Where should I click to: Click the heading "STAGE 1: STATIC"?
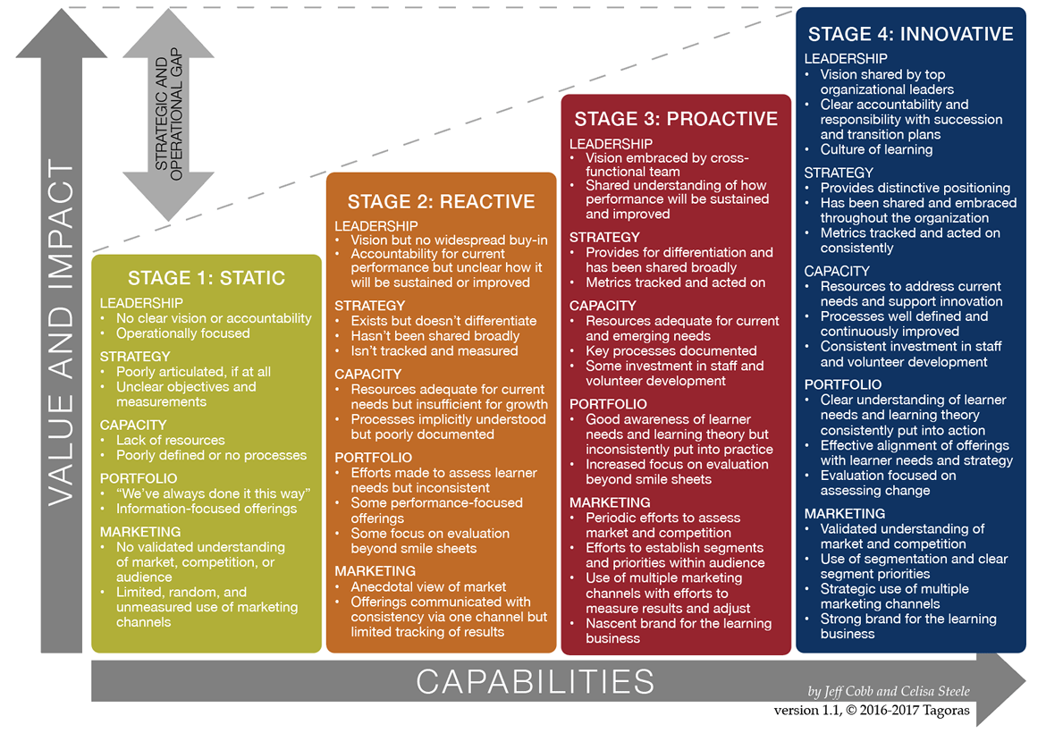pyautogui.click(x=207, y=277)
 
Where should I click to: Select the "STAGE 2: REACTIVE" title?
pyautogui.click(x=441, y=202)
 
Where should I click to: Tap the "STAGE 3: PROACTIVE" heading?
pyautogui.click(x=676, y=119)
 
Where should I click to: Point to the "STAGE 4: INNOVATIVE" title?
pyautogui.click(x=910, y=35)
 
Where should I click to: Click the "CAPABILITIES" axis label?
pyautogui.click(x=536, y=682)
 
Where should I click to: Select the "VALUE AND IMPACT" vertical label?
pyautogui.click(x=62, y=333)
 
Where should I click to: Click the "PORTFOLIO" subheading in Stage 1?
pyautogui.click(x=139, y=478)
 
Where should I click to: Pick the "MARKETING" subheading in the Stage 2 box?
pyautogui.click(x=375, y=571)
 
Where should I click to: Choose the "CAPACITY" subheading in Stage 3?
pyautogui.click(x=603, y=306)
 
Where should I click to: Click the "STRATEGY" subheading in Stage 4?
pyautogui.click(x=839, y=173)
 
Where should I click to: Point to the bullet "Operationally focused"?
pyautogui.click(x=182, y=333)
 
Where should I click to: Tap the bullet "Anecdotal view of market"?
pyautogui.click(x=428, y=587)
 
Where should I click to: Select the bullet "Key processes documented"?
pyautogui.click(x=671, y=351)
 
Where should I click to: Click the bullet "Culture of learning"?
pyautogui.click(x=876, y=149)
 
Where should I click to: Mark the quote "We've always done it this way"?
pyautogui.click(x=213, y=493)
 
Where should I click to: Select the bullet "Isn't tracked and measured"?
pyautogui.click(x=434, y=351)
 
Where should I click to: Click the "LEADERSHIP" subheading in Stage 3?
pyautogui.click(x=612, y=144)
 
